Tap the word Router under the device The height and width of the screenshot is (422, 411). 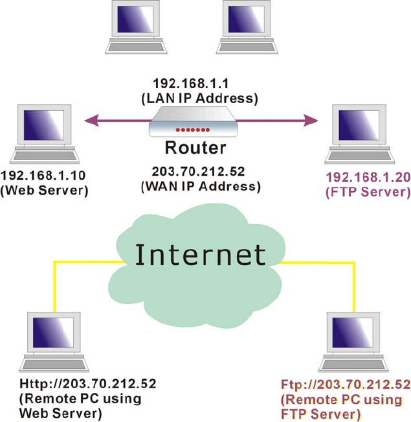click(x=195, y=148)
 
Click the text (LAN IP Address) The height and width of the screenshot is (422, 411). click(x=199, y=98)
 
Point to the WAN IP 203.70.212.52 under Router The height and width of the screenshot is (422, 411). click(x=201, y=172)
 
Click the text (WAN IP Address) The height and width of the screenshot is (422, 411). click(x=201, y=186)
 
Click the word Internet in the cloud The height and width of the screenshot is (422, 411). click(x=200, y=254)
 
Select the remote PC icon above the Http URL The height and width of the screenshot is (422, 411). click(x=54, y=340)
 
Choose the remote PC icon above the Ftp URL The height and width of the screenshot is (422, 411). click(x=356, y=340)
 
